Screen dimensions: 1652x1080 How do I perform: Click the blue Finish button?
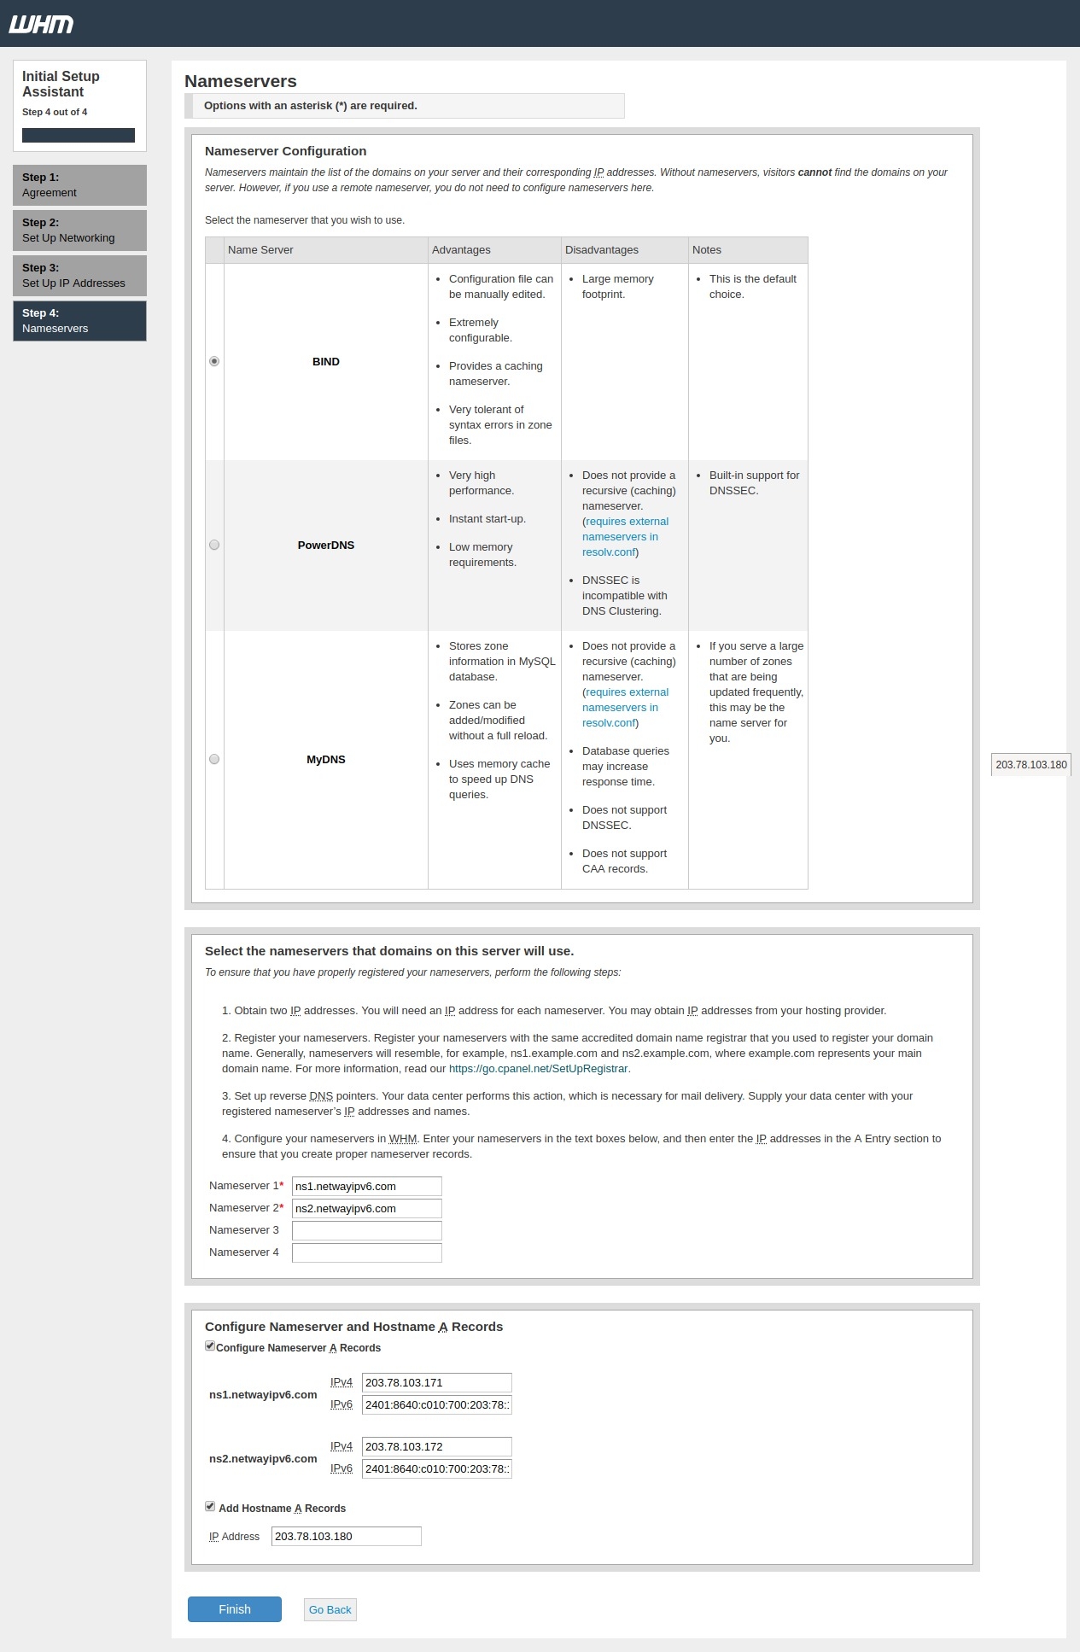(x=235, y=1609)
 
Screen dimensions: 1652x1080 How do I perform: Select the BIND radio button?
(x=214, y=361)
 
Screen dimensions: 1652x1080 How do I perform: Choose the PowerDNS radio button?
(x=214, y=545)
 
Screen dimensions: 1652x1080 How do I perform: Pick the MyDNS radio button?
(x=214, y=759)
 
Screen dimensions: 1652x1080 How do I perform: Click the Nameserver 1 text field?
(x=366, y=1186)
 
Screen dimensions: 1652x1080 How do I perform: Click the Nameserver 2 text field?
(x=366, y=1208)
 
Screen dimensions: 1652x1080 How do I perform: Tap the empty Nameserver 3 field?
(x=366, y=1230)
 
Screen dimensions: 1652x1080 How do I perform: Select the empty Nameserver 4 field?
(x=366, y=1252)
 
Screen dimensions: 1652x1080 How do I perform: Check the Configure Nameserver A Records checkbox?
(x=210, y=1346)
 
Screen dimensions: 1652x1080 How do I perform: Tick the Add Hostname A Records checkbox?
(x=210, y=1507)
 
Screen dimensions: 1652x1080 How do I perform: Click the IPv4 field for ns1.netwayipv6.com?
(x=436, y=1382)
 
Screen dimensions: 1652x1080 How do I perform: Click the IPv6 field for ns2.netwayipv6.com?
(x=436, y=1468)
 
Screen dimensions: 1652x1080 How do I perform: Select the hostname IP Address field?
(x=346, y=1536)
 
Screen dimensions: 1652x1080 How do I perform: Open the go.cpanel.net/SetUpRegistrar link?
(x=538, y=1069)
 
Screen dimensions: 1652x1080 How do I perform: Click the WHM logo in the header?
(x=41, y=24)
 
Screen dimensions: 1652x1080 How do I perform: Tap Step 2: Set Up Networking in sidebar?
(x=79, y=231)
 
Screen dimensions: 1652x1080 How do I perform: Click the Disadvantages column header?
(x=602, y=250)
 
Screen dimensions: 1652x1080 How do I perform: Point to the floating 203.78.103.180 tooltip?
(x=1031, y=765)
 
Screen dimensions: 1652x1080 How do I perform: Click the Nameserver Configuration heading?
(x=285, y=151)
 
